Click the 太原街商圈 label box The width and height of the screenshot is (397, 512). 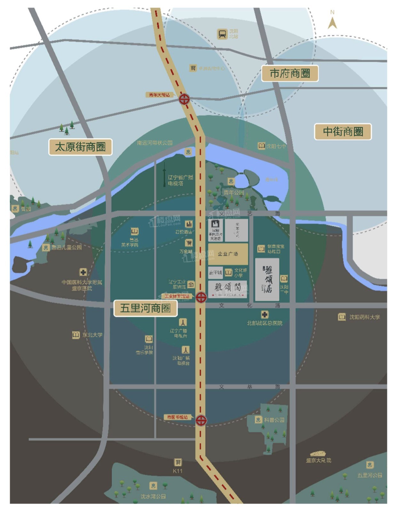[80, 147]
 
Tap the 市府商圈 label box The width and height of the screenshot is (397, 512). [290, 74]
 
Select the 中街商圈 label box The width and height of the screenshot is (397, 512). [343, 132]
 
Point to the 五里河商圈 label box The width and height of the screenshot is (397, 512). [145, 308]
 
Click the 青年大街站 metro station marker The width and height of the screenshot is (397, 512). [184, 99]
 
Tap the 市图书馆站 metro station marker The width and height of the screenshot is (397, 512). [201, 420]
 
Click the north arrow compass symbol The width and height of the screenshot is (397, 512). [332, 22]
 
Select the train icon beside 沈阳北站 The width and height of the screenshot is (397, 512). [222, 34]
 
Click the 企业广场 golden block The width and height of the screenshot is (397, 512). [228, 254]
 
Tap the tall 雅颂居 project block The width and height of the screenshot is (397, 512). [267, 280]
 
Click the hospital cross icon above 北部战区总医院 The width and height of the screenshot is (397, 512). [264, 315]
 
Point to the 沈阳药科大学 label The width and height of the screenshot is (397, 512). [364, 317]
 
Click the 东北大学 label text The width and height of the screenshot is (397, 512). [92, 335]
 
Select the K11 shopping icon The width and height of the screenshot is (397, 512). [178, 462]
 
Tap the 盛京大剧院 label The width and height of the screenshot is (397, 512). [318, 460]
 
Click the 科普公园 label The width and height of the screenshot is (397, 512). [274, 420]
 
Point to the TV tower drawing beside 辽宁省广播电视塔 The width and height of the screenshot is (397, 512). [165, 174]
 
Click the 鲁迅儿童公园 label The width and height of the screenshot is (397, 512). [66, 247]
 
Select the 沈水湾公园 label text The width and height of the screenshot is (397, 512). [153, 496]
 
